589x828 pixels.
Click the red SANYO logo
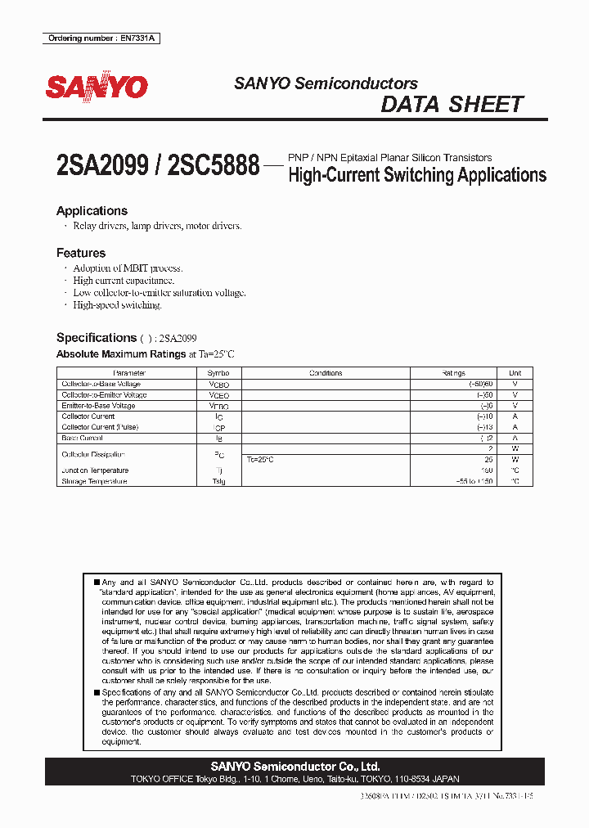tap(97, 86)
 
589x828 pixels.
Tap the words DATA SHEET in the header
tap(452, 105)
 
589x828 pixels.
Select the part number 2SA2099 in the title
tap(102, 166)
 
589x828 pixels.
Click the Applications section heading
tap(92, 211)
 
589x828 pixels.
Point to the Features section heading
tap(81, 254)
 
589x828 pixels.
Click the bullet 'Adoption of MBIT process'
tap(128, 268)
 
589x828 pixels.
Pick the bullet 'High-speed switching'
tap(117, 305)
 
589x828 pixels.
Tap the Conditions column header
tap(326, 373)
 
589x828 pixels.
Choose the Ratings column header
tap(453, 373)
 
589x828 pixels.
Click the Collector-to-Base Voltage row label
tap(101, 384)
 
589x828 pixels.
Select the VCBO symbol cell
tap(219, 384)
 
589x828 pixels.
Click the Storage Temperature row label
tap(95, 482)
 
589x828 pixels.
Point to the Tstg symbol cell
tap(219, 482)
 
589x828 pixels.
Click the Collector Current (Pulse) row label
tap(100, 427)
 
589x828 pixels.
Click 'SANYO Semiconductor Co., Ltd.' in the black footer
tap(294, 767)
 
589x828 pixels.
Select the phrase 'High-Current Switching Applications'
tap(417, 175)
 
